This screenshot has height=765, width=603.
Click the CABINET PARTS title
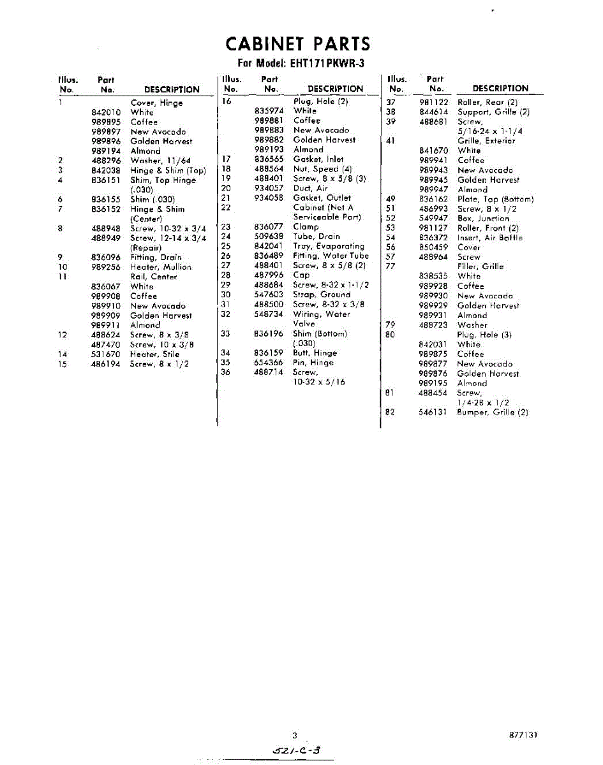(x=298, y=44)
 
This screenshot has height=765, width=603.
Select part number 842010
(x=106, y=112)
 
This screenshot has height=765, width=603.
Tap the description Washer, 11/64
(x=161, y=161)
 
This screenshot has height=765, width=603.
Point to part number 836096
(x=106, y=258)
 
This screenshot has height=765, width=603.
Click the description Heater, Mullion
(x=161, y=267)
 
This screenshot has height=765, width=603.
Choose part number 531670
(x=106, y=354)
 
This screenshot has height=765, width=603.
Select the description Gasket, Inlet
(x=318, y=159)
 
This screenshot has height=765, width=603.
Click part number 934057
(x=269, y=188)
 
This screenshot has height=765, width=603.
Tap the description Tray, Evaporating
(x=329, y=246)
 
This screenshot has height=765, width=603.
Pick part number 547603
(x=269, y=295)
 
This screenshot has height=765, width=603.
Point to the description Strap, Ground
(x=322, y=295)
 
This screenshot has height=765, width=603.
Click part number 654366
(x=269, y=363)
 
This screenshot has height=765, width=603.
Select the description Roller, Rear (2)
(x=488, y=102)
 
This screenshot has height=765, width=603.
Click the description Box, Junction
(x=483, y=218)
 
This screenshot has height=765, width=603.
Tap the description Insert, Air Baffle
(x=489, y=238)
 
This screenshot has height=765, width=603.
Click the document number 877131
(x=523, y=735)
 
